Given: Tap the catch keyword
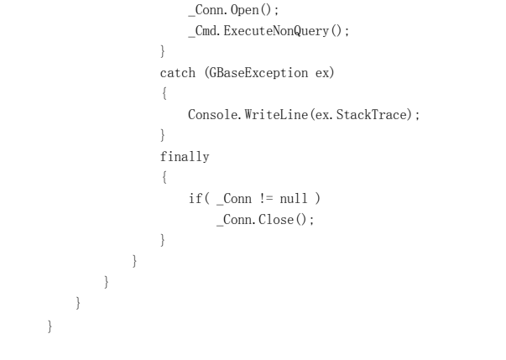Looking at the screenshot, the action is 177,73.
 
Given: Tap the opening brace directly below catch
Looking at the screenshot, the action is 163,94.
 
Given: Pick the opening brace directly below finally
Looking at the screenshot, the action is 163,177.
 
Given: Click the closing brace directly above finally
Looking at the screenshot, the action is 163,135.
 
